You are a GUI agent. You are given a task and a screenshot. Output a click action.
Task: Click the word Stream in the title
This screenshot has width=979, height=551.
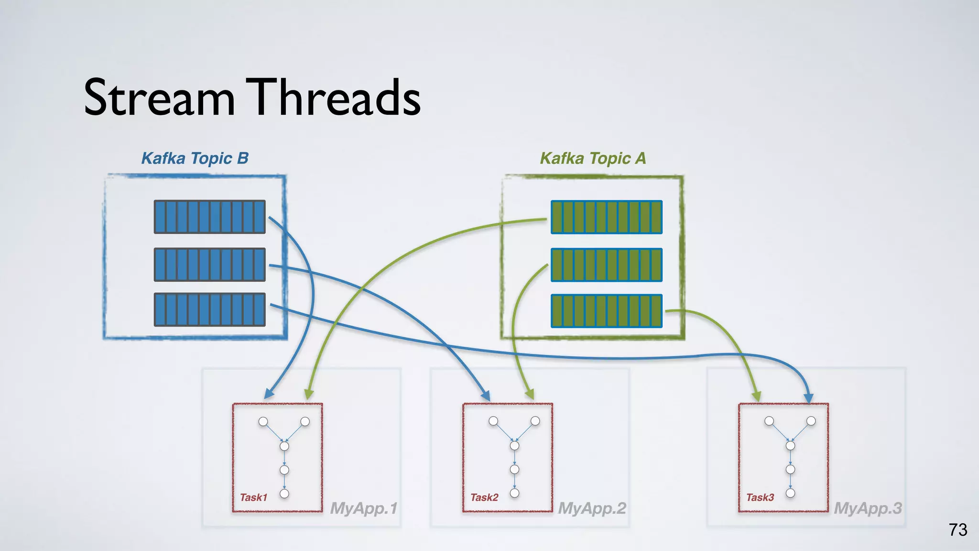(159, 98)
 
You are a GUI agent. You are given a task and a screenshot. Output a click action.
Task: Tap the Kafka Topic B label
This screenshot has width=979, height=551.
(195, 158)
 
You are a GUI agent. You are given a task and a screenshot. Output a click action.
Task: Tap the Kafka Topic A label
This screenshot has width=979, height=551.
(593, 158)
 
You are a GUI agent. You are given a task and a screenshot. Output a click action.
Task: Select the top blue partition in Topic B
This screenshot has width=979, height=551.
(209, 217)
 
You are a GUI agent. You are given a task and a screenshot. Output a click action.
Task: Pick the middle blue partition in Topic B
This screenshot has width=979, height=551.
(209, 264)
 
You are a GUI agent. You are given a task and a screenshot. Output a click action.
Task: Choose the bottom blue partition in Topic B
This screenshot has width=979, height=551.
(209, 310)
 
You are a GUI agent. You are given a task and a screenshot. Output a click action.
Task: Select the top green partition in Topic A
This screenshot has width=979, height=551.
(606, 217)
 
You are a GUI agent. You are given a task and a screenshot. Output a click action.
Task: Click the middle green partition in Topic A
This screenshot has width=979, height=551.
(606, 264)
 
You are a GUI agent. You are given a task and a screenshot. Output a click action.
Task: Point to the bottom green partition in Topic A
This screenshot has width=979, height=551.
(606, 310)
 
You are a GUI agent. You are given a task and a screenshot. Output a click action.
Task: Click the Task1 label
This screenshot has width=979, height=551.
(253, 497)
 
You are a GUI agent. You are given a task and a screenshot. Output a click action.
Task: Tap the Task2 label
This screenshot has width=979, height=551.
(484, 497)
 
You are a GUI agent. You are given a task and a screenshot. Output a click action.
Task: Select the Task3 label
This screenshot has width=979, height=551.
(760, 497)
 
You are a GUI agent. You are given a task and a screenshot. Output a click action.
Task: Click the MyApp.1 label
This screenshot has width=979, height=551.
(364, 508)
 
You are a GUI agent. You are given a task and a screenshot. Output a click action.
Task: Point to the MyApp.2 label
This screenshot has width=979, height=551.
(592, 508)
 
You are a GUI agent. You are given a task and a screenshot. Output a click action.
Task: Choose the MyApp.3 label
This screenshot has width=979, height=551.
(868, 508)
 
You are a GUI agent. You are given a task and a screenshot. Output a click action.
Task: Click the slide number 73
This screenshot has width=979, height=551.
(958, 530)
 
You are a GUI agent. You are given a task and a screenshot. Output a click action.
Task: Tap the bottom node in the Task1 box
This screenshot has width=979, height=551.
(284, 494)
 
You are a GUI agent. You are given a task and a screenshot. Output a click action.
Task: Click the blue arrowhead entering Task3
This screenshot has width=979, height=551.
(808, 398)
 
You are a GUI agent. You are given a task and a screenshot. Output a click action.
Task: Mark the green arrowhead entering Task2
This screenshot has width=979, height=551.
(529, 395)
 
